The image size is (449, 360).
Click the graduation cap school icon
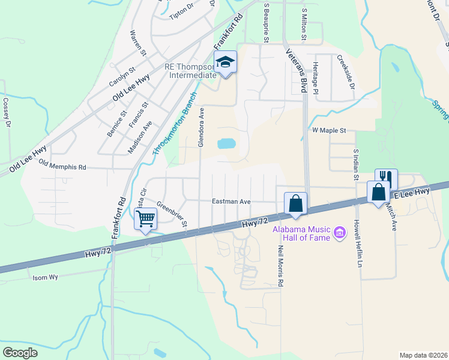[226, 62]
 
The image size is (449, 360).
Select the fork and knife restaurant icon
[385, 178]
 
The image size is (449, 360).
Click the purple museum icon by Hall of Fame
[340, 232]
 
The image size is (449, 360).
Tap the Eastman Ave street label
[231, 202]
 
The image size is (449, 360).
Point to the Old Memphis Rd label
[62, 165]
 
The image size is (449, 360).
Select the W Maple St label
[329, 130]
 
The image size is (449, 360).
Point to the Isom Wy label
[45, 277]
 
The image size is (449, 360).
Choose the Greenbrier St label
[172, 215]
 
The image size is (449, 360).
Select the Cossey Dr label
[7, 113]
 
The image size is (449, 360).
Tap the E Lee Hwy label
[412, 192]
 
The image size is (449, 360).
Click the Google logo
[20, 352]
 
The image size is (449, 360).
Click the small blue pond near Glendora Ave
[226, 143]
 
